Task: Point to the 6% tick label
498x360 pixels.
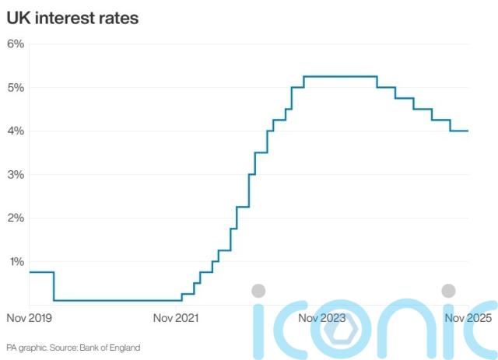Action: tap(16, 44)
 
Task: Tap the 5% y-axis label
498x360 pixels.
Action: tap(16, 87)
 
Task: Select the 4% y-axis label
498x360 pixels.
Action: tap(16, 131)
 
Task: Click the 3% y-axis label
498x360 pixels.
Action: tap(16, 174)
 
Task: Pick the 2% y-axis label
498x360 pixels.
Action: tap(16, 218)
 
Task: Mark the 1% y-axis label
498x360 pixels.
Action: tap(16, 261)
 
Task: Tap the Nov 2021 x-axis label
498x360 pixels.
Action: tap(175, 317)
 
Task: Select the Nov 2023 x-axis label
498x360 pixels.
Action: tap(321, 317)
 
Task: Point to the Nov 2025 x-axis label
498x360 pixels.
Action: tap(468, 317)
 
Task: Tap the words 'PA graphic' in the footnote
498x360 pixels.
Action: tap(25, 347)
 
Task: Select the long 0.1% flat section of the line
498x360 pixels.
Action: tap(117, 300)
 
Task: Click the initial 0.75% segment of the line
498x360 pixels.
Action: tap(40, 272)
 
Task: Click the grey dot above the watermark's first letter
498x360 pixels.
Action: tap(259, 291)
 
